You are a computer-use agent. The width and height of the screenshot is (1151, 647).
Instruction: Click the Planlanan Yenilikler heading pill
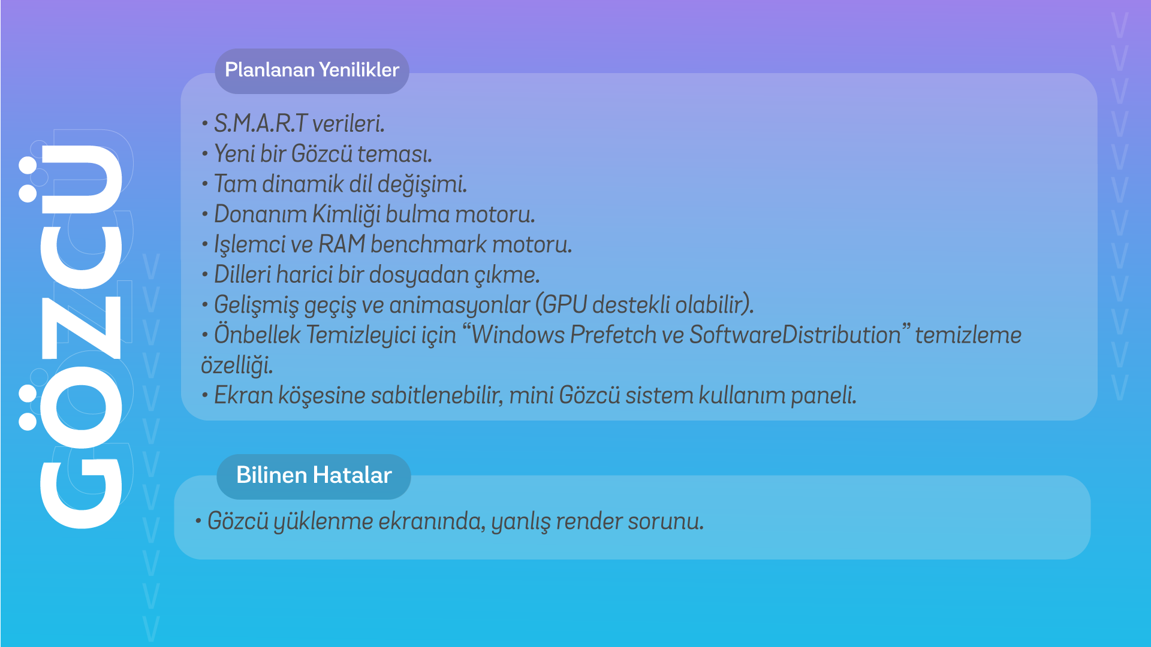click(x=312, y=71)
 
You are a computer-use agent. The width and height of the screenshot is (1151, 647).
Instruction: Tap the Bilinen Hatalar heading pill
click(x=314, y=476)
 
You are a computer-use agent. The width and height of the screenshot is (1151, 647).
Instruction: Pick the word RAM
click(x=342, y=244)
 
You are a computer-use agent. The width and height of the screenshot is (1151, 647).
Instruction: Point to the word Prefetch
click(x=613, y=335)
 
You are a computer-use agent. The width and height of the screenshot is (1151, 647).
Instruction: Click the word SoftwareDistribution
click(x=795, y=335)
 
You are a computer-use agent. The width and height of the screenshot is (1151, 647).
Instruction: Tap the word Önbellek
click(x=257, y=334)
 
